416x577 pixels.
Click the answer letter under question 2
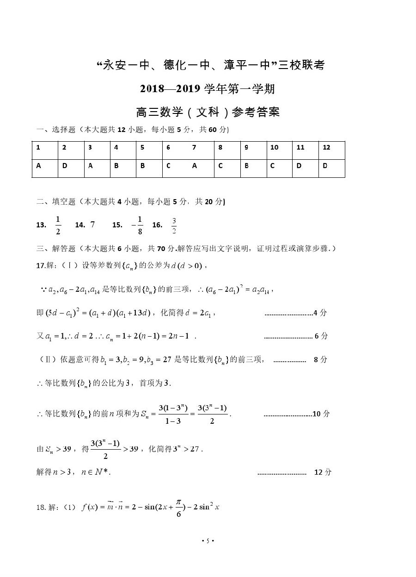coord(65,166)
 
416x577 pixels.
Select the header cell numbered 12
coord(327,148)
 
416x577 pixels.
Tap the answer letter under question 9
coord(246,166)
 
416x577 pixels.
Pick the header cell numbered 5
coord(142,148)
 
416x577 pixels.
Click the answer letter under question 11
coord(299,166)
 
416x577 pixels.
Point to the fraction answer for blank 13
coord(58,225)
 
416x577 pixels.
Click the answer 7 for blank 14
coord(92,225)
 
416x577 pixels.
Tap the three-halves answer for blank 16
coord(174,226)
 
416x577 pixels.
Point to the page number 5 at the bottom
coord(208,541)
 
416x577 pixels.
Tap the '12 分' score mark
coord(323,472)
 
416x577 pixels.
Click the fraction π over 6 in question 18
coord(179,508)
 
